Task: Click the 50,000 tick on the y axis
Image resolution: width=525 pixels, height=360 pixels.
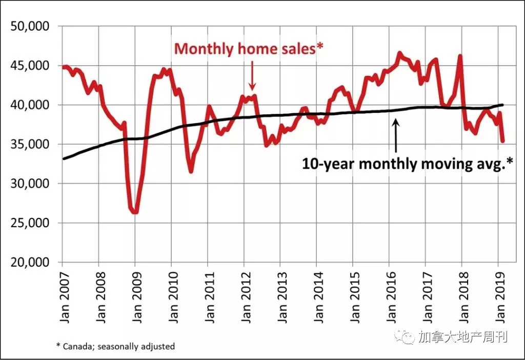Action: [x=30, y=26]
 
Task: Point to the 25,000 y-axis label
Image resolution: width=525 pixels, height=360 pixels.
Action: [x=30, y=223]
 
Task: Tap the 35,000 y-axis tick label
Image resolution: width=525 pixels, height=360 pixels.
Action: [x=30, y=144]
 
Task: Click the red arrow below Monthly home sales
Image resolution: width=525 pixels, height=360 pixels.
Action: [x=252, y=75]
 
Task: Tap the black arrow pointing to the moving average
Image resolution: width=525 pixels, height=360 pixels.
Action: [x=396, y=136]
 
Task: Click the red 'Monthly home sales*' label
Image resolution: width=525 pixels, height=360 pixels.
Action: [x=249, y=49]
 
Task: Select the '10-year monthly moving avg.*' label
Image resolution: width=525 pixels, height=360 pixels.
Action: [x=407, y=164]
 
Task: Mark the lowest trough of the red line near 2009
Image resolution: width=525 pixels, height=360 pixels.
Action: [x=135, y=212]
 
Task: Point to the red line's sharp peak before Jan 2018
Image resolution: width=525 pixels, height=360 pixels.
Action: [x=460, y=56]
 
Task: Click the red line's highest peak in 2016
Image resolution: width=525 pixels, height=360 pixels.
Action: [x=399, y=53]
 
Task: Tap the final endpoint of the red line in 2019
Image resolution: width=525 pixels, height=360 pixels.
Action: [x=502, y=141]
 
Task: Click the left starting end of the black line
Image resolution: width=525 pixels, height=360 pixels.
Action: [x=64, y=158]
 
